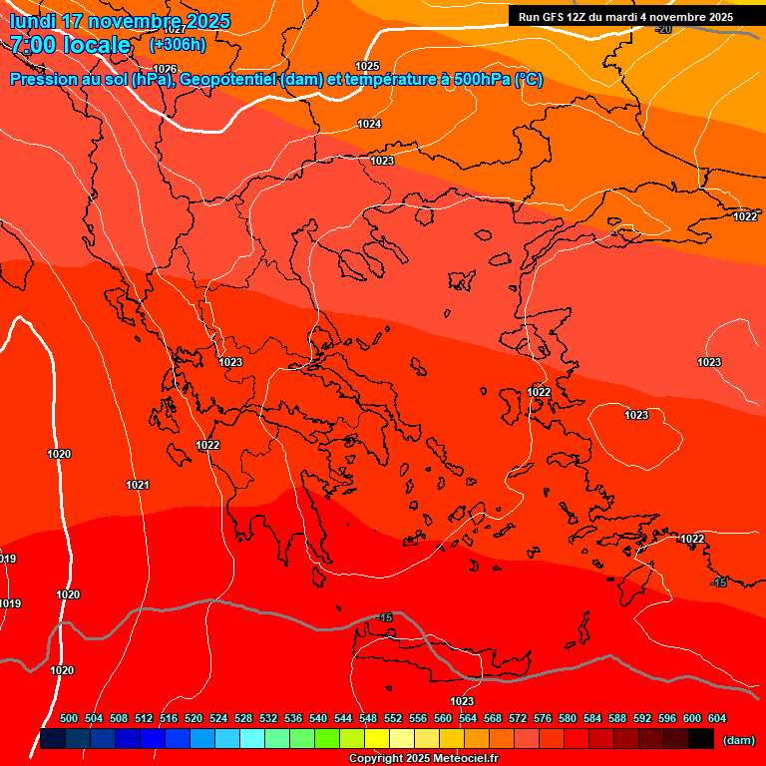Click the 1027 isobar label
[x=175, y=30]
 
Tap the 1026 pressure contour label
[x=166, y=69]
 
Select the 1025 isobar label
[x=367, y=66]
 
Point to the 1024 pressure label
[x=369, y=124]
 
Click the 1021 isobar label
[x=138, y=485]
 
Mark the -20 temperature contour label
[x=663, y=29]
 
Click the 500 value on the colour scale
[x=69, y=718]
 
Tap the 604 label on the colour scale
[x=717, y=718]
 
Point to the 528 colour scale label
[x=243, y=718]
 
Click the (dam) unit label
[x=739, y=739]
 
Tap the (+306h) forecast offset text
[x=178, y=45]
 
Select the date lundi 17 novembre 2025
[x=120, y=21]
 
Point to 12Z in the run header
[x=582, y=17]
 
